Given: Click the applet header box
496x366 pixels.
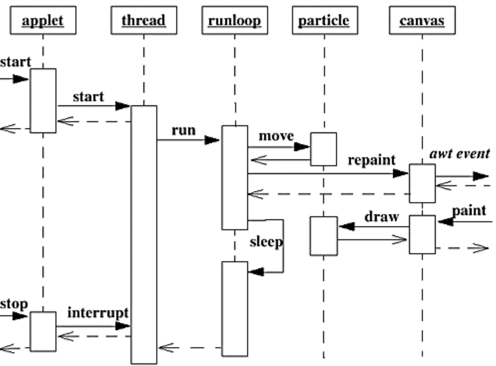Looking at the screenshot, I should click(x=43, y=20).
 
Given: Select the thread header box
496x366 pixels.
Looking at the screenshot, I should click(x=144, y=20).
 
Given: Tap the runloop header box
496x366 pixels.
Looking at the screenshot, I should click(x=235, y=20).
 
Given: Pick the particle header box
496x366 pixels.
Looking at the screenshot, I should click(x=325, y=20).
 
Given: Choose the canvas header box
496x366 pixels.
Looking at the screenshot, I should click(x=422, y=20).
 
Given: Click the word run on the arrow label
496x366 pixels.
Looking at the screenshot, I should click(x=184, y=130).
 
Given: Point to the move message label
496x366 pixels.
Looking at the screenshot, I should click(x=276, y=136).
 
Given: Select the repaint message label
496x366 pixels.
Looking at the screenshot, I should click(x=371, y=160).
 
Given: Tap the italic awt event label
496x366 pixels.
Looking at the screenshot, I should click(x=460, y=154).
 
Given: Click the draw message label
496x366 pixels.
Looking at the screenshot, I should click(x=382, y=217).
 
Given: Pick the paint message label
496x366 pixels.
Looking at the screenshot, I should click(x=469, y=211).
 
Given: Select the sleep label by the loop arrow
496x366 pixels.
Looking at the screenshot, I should click(x=266, y=242).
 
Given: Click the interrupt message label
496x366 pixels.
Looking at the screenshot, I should click(x=98, y=313).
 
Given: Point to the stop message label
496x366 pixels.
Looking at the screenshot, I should click(x=14, y=304).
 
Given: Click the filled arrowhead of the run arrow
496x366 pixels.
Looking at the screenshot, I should click(x=212, y=140).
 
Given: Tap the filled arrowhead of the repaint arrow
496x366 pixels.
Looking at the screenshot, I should click(x=401, y=174).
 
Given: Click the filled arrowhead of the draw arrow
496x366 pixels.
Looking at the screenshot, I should click(x=347, y=227).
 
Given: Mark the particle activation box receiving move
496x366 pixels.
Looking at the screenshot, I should click(x=324, y=149).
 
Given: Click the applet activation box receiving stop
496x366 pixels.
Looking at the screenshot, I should click(x=43, y=331).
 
